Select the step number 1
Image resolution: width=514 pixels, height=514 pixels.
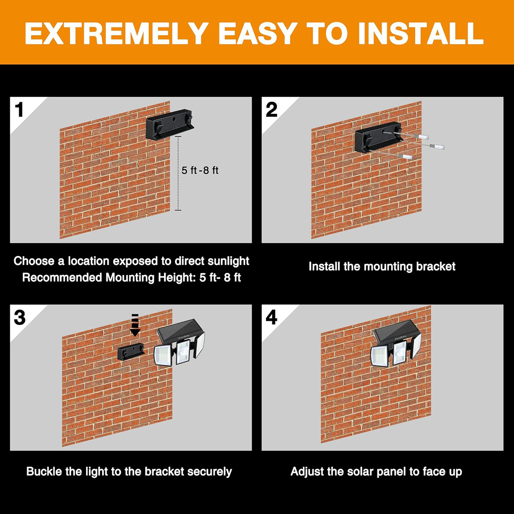(x=19, y=110)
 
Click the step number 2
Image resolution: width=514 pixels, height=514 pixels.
(x=272, y=110)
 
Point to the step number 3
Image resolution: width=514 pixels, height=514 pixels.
(x=20, y=317)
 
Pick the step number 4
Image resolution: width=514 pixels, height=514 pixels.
(x=272, y=317)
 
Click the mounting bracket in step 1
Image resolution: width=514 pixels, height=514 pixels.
(x=169, y=124)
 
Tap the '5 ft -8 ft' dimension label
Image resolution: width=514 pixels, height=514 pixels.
(x=200, y=170)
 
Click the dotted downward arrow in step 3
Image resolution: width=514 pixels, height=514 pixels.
(x=135, y=325)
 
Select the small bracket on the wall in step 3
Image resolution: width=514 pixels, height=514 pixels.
(x=131, y=351)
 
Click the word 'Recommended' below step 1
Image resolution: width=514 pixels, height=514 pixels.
(x=62, y=278)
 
